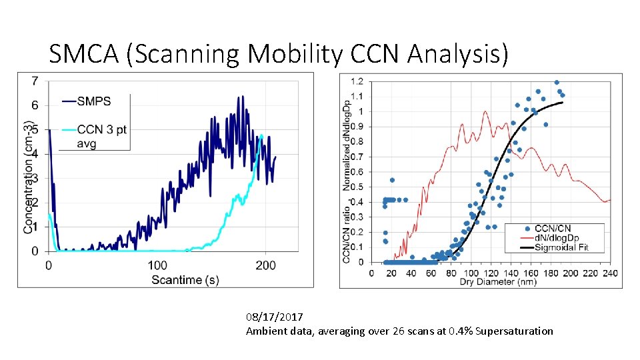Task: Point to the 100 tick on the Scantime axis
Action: pos(157,265)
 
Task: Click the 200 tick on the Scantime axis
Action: pos(266,265)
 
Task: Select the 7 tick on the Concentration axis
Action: pos(35,81)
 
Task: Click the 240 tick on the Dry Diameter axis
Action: pos(610,273)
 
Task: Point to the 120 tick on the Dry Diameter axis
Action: pos(491,273)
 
